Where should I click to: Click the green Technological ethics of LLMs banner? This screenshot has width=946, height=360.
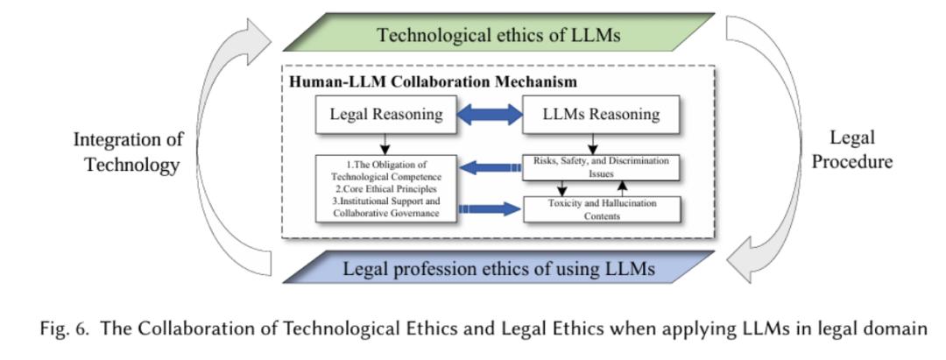(x=499, y=33)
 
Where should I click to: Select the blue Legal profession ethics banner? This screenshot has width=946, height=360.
(x=499, y=267)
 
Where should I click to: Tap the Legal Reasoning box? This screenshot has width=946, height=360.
(x=385, y=114)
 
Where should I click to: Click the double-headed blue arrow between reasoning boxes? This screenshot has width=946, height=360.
(x=490, y=114)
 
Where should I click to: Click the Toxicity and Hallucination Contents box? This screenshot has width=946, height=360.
(x=602, y=209)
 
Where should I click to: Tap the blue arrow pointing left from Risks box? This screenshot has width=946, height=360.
(x=490, y=167)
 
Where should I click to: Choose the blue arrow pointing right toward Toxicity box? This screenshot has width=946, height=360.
(x=490, y=209)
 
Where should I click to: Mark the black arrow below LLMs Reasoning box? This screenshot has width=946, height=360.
(x=592, y=144)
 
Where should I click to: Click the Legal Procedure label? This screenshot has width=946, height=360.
(x=852, y=149)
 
